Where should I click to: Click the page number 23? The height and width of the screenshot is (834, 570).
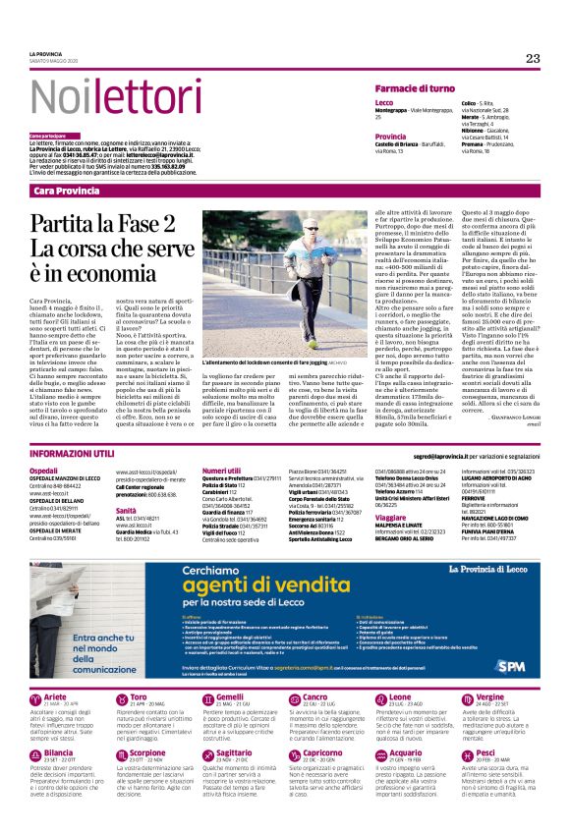pyautogui.click(x=533, y=59)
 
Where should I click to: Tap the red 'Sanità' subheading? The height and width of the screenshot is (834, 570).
pyautogui.click(x=126, y=512)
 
